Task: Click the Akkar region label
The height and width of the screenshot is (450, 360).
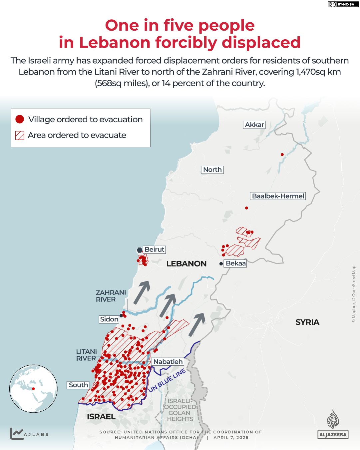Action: pyautogui.click(x=254, y=125)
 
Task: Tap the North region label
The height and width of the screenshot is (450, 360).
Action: pyautogui.click(x=212, y=170)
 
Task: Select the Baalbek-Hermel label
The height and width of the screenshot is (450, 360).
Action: pyautogui.click(x=278, y=196)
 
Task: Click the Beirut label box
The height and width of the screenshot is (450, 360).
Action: pyautogui.click(x=154, y=249)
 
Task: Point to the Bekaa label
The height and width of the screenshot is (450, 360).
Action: pyautogui.click(x=235, y=263)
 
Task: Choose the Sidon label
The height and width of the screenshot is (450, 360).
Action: pyautogui.click(x=109, y=319)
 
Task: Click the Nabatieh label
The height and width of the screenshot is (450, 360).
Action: pyautogui.click(x=168, y=361)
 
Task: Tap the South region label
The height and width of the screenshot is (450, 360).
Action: pyautogui.click(x=78, y=385)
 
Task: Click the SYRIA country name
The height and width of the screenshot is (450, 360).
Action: pyautogui.click(x=307, y=322)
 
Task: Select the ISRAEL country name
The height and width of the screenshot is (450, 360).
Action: pyautogui.click(x=101, y=416)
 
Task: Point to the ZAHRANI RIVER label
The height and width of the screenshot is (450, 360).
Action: pyautogui.click(x=111, y=296)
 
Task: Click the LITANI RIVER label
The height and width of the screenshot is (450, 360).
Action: pyautogui.click(x=87, y=355)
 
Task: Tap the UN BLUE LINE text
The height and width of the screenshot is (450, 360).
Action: pyautogui.click(x=167, y=381)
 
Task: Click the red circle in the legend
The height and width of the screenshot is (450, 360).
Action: pyautogui.click(x=20, y=119)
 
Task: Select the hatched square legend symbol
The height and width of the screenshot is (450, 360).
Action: pyautogui.click(x=20, y=135)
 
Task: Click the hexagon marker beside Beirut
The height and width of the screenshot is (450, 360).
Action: pyautogui.click(x=140, y=250)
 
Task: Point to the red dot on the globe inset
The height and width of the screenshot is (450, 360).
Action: pyautogui.click(x=33, y=388)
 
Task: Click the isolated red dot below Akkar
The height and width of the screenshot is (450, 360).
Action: pyautogui.click(x=282, y=155)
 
